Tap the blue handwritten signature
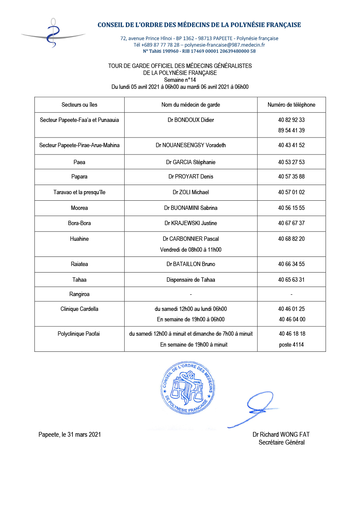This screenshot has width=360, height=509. (x=258, y=408)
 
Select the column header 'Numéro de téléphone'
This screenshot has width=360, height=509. (x=291, y=105)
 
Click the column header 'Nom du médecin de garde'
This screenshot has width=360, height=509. (x=190, y=105)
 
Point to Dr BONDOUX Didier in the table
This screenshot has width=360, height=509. (x=190, y=120)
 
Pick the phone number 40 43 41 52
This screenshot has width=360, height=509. (x=291, y=145)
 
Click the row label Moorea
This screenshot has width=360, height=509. (x=79, y=208)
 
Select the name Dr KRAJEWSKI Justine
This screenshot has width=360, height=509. (x=190, y=223)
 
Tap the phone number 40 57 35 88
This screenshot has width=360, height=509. (x=291, y=177)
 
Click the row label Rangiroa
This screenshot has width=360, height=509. (x=79, y=294)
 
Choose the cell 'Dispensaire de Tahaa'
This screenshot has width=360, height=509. (x=190, y=280)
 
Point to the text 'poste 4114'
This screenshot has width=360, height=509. (x=291, y=344)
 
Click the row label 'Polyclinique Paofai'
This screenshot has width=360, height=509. (x=79, y=334)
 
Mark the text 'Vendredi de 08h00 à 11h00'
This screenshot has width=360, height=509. (x=190, y=249)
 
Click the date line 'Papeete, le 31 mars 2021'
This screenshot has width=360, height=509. (x=70, y=435)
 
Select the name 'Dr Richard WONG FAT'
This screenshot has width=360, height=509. (x=281, y=435)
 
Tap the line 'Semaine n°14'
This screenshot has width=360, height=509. (x=180, y=80)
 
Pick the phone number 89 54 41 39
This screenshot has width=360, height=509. (x=291, y=130)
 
